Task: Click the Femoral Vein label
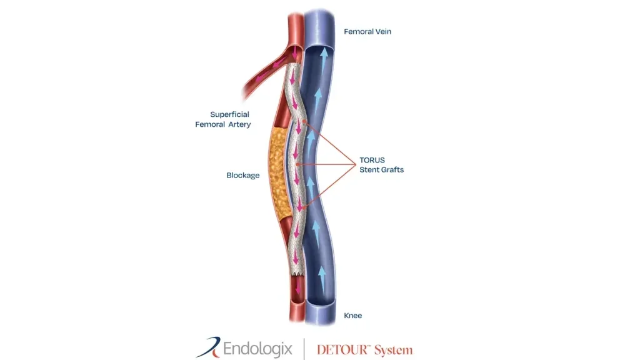367,31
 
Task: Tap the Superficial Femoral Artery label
223,119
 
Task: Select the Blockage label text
243,175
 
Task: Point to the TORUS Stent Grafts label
382,165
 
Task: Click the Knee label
353,316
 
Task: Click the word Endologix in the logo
258,349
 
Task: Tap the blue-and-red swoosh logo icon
209,347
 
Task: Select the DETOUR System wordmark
365,350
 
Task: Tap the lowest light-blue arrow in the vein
322,279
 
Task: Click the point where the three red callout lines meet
356,164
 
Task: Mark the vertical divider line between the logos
304,349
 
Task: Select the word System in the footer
394,350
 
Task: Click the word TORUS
372,160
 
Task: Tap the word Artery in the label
239,124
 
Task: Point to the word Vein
383,31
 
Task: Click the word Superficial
229,114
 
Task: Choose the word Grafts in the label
392,169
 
